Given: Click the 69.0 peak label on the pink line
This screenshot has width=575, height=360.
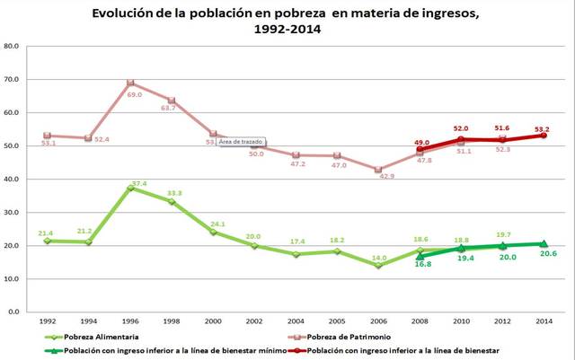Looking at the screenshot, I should pos(135,94).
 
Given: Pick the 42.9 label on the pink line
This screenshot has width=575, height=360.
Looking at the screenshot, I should pos(387,177).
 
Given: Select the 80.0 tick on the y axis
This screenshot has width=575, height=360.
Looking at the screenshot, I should pos(13,46).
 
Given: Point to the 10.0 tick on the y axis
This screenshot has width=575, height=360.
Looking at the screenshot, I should pos(13,279).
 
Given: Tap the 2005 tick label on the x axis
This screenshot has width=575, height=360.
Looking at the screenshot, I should pos(337,320).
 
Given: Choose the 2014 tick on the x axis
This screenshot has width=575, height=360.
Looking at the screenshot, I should pos(543,320).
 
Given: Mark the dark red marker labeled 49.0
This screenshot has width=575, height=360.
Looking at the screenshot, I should pos(420,149).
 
